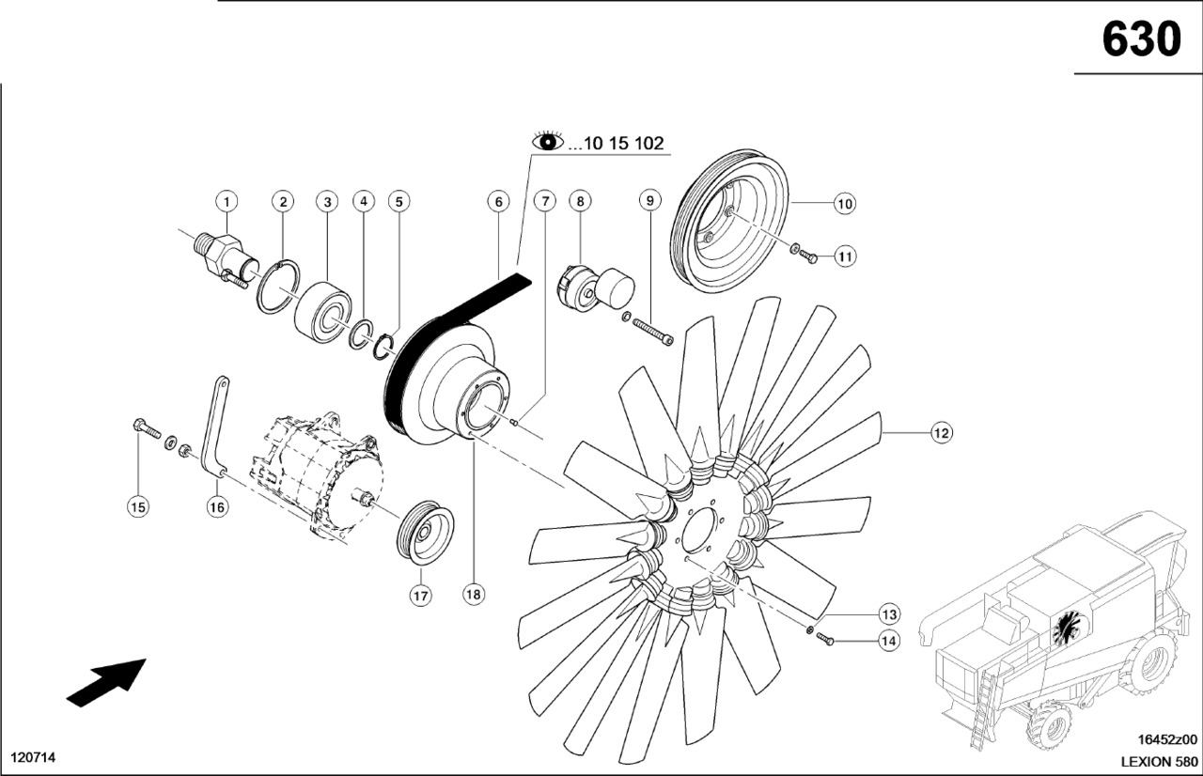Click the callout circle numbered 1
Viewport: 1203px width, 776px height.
[x=227, y=201]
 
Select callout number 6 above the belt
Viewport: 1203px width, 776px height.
[x=498, y=201]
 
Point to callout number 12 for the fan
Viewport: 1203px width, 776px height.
[x=941, y=433]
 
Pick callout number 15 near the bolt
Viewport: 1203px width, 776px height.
[x=138, y=507]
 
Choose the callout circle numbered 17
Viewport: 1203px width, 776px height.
[x=419, y=595]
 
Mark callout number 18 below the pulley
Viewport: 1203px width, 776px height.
[x=474, y=595]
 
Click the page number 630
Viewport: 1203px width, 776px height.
[x=1140, y=39]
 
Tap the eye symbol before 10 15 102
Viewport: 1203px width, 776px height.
[x=548, y=143]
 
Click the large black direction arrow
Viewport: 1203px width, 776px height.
[x=106, y=680]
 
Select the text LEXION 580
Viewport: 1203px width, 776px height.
[x=1160, y=761]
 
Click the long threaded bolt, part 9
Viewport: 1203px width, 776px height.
[x=653, y=331]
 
